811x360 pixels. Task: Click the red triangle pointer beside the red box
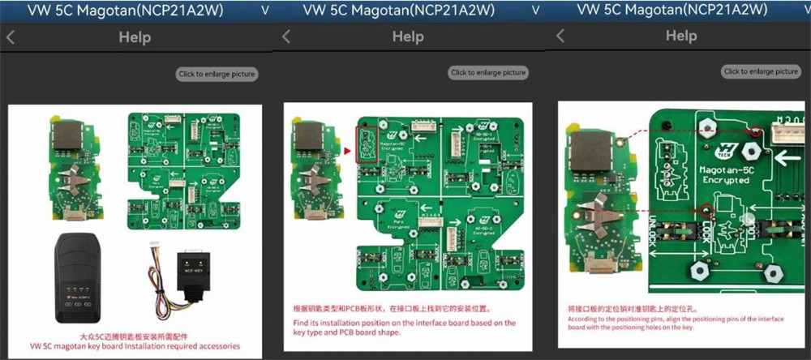click(x=348, y=151)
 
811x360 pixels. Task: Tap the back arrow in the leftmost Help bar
click(x=11, y=37)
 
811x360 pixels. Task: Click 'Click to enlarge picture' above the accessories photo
click(x=217, y=74)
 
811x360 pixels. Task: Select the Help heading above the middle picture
click(x=407, y=36)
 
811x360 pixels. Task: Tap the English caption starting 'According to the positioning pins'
click(x=680, y=324)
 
